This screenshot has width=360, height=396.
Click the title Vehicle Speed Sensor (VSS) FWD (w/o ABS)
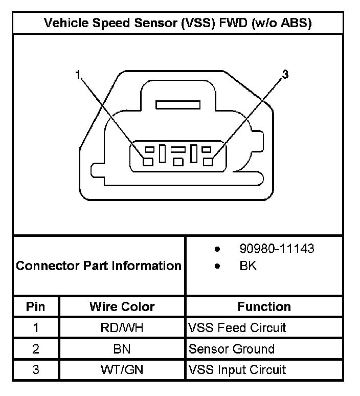pyautogui.click(x=178, y=23)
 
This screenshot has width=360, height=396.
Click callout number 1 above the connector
pyautogui.click(x=78, y=75)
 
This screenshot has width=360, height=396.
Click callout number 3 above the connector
pyautogui.click(x=285, y=75)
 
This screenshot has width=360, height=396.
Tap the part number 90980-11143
pyautogui.click(x=277, y=249)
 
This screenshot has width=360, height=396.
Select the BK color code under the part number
pyautogui.click(x=248, y=266)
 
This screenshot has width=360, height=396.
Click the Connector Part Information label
pyautogui.click(x=99, y=266)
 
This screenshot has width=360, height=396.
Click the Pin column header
pyautogui.click(x=36, y=306)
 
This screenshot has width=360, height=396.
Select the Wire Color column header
pyautogui.click(x=122, y=306)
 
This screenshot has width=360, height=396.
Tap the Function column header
pyautogui.click(x=264, y=306)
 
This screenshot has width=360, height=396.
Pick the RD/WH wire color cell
pyautogui.click(x=122, y=327)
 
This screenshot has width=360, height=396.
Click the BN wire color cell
pyautogui.click(x=122, y=349)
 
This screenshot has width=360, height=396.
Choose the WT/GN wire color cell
pyautogui.click(x=122, y=370)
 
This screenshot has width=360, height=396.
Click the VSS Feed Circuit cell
pyautogui.click(x=237, y=327)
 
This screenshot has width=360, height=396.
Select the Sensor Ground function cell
pyautogui.click(x=232, y=349)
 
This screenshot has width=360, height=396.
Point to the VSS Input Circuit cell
pyautogui.click(x=237, y=370)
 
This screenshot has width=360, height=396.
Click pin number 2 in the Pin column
pyautogui.click(x=36, y=349)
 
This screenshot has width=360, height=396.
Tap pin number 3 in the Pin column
pyautogui.click(x=36, y=370)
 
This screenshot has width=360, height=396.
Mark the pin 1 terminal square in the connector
pyautogui.click(x=147, y=162)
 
